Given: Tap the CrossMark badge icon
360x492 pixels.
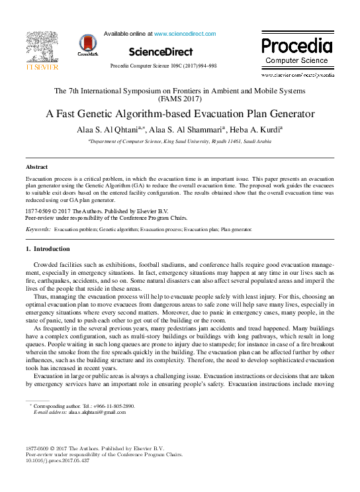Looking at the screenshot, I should pyautogui.click(x=87, y=45).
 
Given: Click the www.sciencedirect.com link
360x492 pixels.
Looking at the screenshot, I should pyautogui.click(x=185, y=33).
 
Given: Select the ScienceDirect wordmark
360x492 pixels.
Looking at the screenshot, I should pyautogui.click(x=160, y=52).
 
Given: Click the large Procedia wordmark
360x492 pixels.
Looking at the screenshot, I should pyautogui.click(x=296, y=46).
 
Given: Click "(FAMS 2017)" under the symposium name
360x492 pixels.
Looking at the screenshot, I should pyautogui.click(x=179, y=99).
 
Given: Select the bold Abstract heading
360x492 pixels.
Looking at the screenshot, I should pyautogui.click(x=36, y=168).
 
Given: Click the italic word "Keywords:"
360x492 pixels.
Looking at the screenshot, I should pyautogui.click(x=38, y=228).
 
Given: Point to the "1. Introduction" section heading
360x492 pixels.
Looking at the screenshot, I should pyautogui.click(x=47, y=248).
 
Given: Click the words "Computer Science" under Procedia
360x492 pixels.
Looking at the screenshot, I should pyautogui.click(x=296, y=60).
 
